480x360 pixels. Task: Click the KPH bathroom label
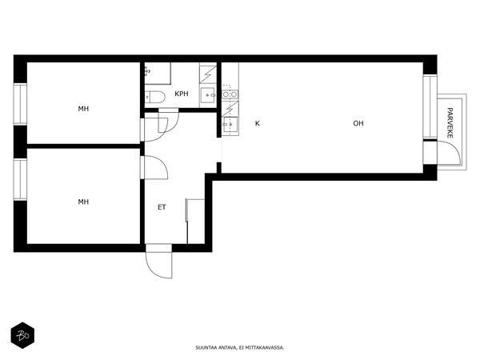point(182,94)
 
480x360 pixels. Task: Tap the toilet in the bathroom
point(155,97)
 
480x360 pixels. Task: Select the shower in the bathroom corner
point(158,74)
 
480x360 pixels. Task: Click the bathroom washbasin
point(208,95)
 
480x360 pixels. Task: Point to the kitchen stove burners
point(230,94)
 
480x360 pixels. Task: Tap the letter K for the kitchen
point(258,123)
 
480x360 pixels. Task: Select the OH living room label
point(358,123)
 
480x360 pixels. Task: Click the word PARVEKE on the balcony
point(450,122)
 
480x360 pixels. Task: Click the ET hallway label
point(162,207)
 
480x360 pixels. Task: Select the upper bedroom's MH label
point(83,109)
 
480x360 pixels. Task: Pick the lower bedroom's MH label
point(83,202)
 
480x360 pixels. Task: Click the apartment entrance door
point(159,261)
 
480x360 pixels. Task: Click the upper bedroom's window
point(20,104)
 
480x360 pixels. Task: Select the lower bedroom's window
point(20,179)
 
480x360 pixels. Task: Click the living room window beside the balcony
point(430,106)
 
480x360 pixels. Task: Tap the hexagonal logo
point(22,335)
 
